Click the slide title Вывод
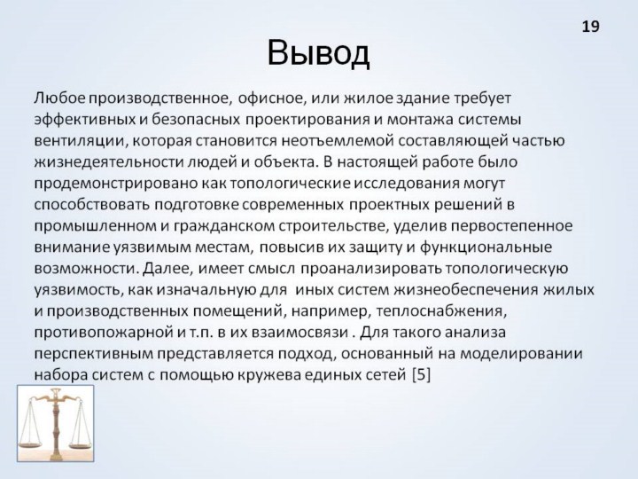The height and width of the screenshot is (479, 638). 318,53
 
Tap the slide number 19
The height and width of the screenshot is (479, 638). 590,27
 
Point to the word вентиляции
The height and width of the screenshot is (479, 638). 79,141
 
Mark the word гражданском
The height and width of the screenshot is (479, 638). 224,226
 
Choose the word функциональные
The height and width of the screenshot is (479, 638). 486,247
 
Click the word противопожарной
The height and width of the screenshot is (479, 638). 103,333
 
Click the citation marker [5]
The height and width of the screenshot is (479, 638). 421,374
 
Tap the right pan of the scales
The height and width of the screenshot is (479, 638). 80,444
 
